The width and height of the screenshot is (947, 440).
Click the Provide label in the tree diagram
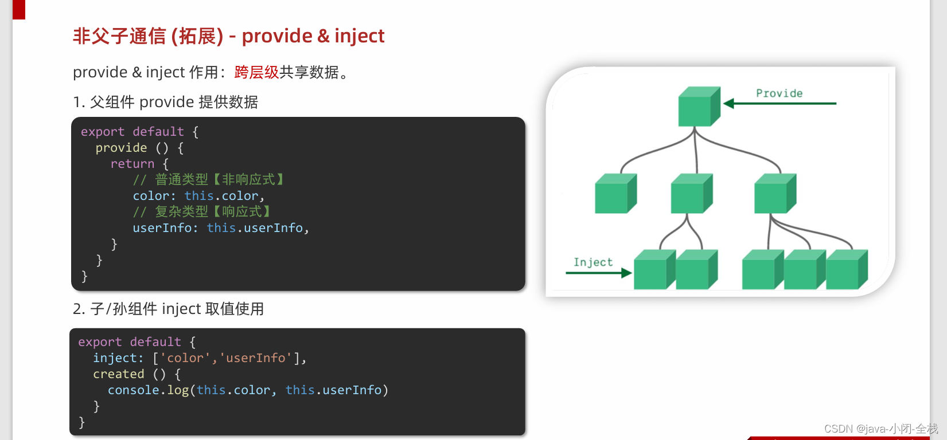[779, 93]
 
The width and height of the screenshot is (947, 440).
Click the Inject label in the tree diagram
[593, 262]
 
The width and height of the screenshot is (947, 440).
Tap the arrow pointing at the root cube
[780, 104]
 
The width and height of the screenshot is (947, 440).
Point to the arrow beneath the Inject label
[598, 273]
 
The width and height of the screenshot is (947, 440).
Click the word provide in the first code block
[121, 148]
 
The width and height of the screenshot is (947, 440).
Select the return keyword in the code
[132, 164]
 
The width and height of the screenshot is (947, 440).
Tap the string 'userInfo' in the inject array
[256, 358]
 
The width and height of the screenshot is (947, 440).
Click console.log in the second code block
[148, 390]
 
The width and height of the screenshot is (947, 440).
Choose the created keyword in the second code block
[119, 374]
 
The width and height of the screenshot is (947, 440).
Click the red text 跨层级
[256, 73]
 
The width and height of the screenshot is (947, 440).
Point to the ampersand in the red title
[324, 36]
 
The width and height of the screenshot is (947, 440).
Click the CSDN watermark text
[880, 429]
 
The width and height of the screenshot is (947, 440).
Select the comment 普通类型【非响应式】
[209, 180]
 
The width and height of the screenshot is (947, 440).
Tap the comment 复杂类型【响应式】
[202, 212]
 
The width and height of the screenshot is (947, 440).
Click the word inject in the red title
[359, 36]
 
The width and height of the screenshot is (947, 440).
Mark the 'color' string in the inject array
[185, 358]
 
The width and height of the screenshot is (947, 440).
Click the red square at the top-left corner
[19, 9]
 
